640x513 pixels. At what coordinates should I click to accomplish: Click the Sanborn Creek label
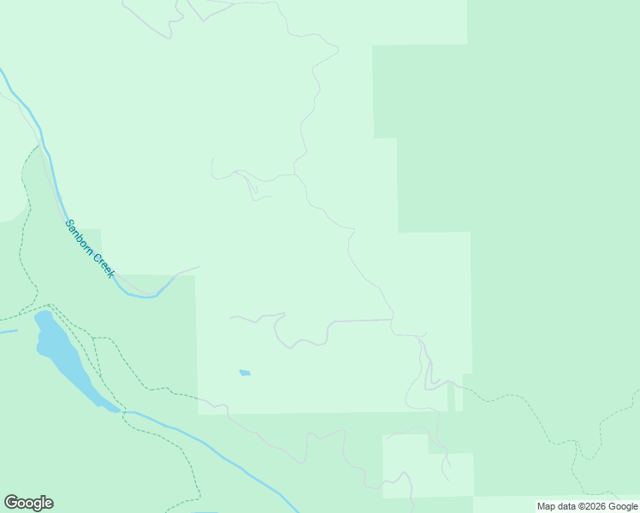(90, 248)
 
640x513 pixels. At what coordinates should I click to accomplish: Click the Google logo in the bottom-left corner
(28, 503)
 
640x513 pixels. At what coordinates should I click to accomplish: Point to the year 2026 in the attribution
(591, 506)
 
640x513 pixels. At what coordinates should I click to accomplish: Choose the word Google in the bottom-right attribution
(622, 506)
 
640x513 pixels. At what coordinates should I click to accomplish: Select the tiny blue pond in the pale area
(245, 373)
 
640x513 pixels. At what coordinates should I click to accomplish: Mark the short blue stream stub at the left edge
(7, 332)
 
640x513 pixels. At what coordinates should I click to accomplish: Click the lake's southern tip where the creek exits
(112, 409)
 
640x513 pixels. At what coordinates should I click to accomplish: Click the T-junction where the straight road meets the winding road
(393, 321)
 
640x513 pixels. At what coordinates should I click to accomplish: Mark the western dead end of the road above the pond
(231, 318)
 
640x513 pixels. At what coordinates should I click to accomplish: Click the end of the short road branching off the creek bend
(199, 267)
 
